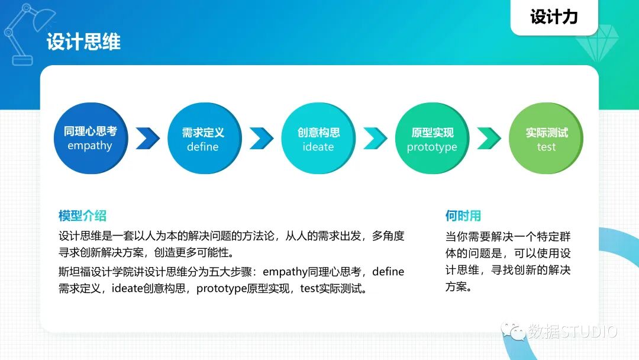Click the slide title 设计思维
coord(83,42)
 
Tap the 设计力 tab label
coord(554,17)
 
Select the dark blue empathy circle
coord(90,139)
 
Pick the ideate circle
coord(318,139)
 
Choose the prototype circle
coord(432,139)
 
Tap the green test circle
coord(546,139)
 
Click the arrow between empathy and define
coord(147,139)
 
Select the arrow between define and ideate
coord(261,139)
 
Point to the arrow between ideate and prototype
coord(375,139)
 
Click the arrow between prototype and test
coord(489,139)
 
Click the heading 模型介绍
coord(82,216)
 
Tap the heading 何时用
coord(463,216)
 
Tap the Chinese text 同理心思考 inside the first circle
coord(90,131)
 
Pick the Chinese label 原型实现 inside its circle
coord(432,133)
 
